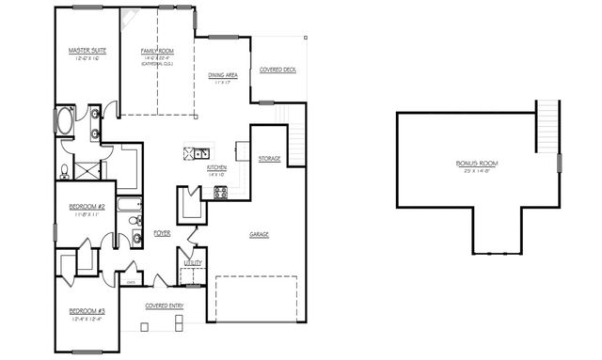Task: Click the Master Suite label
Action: pyautogui.click(x=85, y=50)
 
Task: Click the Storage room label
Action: pyautogui.click(x=270, y=159)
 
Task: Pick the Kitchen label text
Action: pyautogui.click(x=217, y=167)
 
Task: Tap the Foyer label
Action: pyautogui.click(x=163, y=232)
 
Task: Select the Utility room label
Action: pyautogui.click(x=193, y=264)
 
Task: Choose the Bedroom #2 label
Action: pyautogui.click(x=87, y=206)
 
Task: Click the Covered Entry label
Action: pyautogui.click(x=163, y=305)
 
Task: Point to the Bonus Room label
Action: pyautogui.click(x=477, y=164)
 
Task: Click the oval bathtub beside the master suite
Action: pyautogui.click(x=65, y=121)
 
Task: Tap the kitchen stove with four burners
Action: pyautogui.click(x=221, y=193)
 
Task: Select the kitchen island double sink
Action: pyautogui.click(x=198, y=152)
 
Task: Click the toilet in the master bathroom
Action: pyautogui.click(x=63, y=172)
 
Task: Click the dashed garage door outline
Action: pyautogui.click(x=257, y=295)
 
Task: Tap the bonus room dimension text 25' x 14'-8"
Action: pyautogui.click(x=477, y=171)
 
